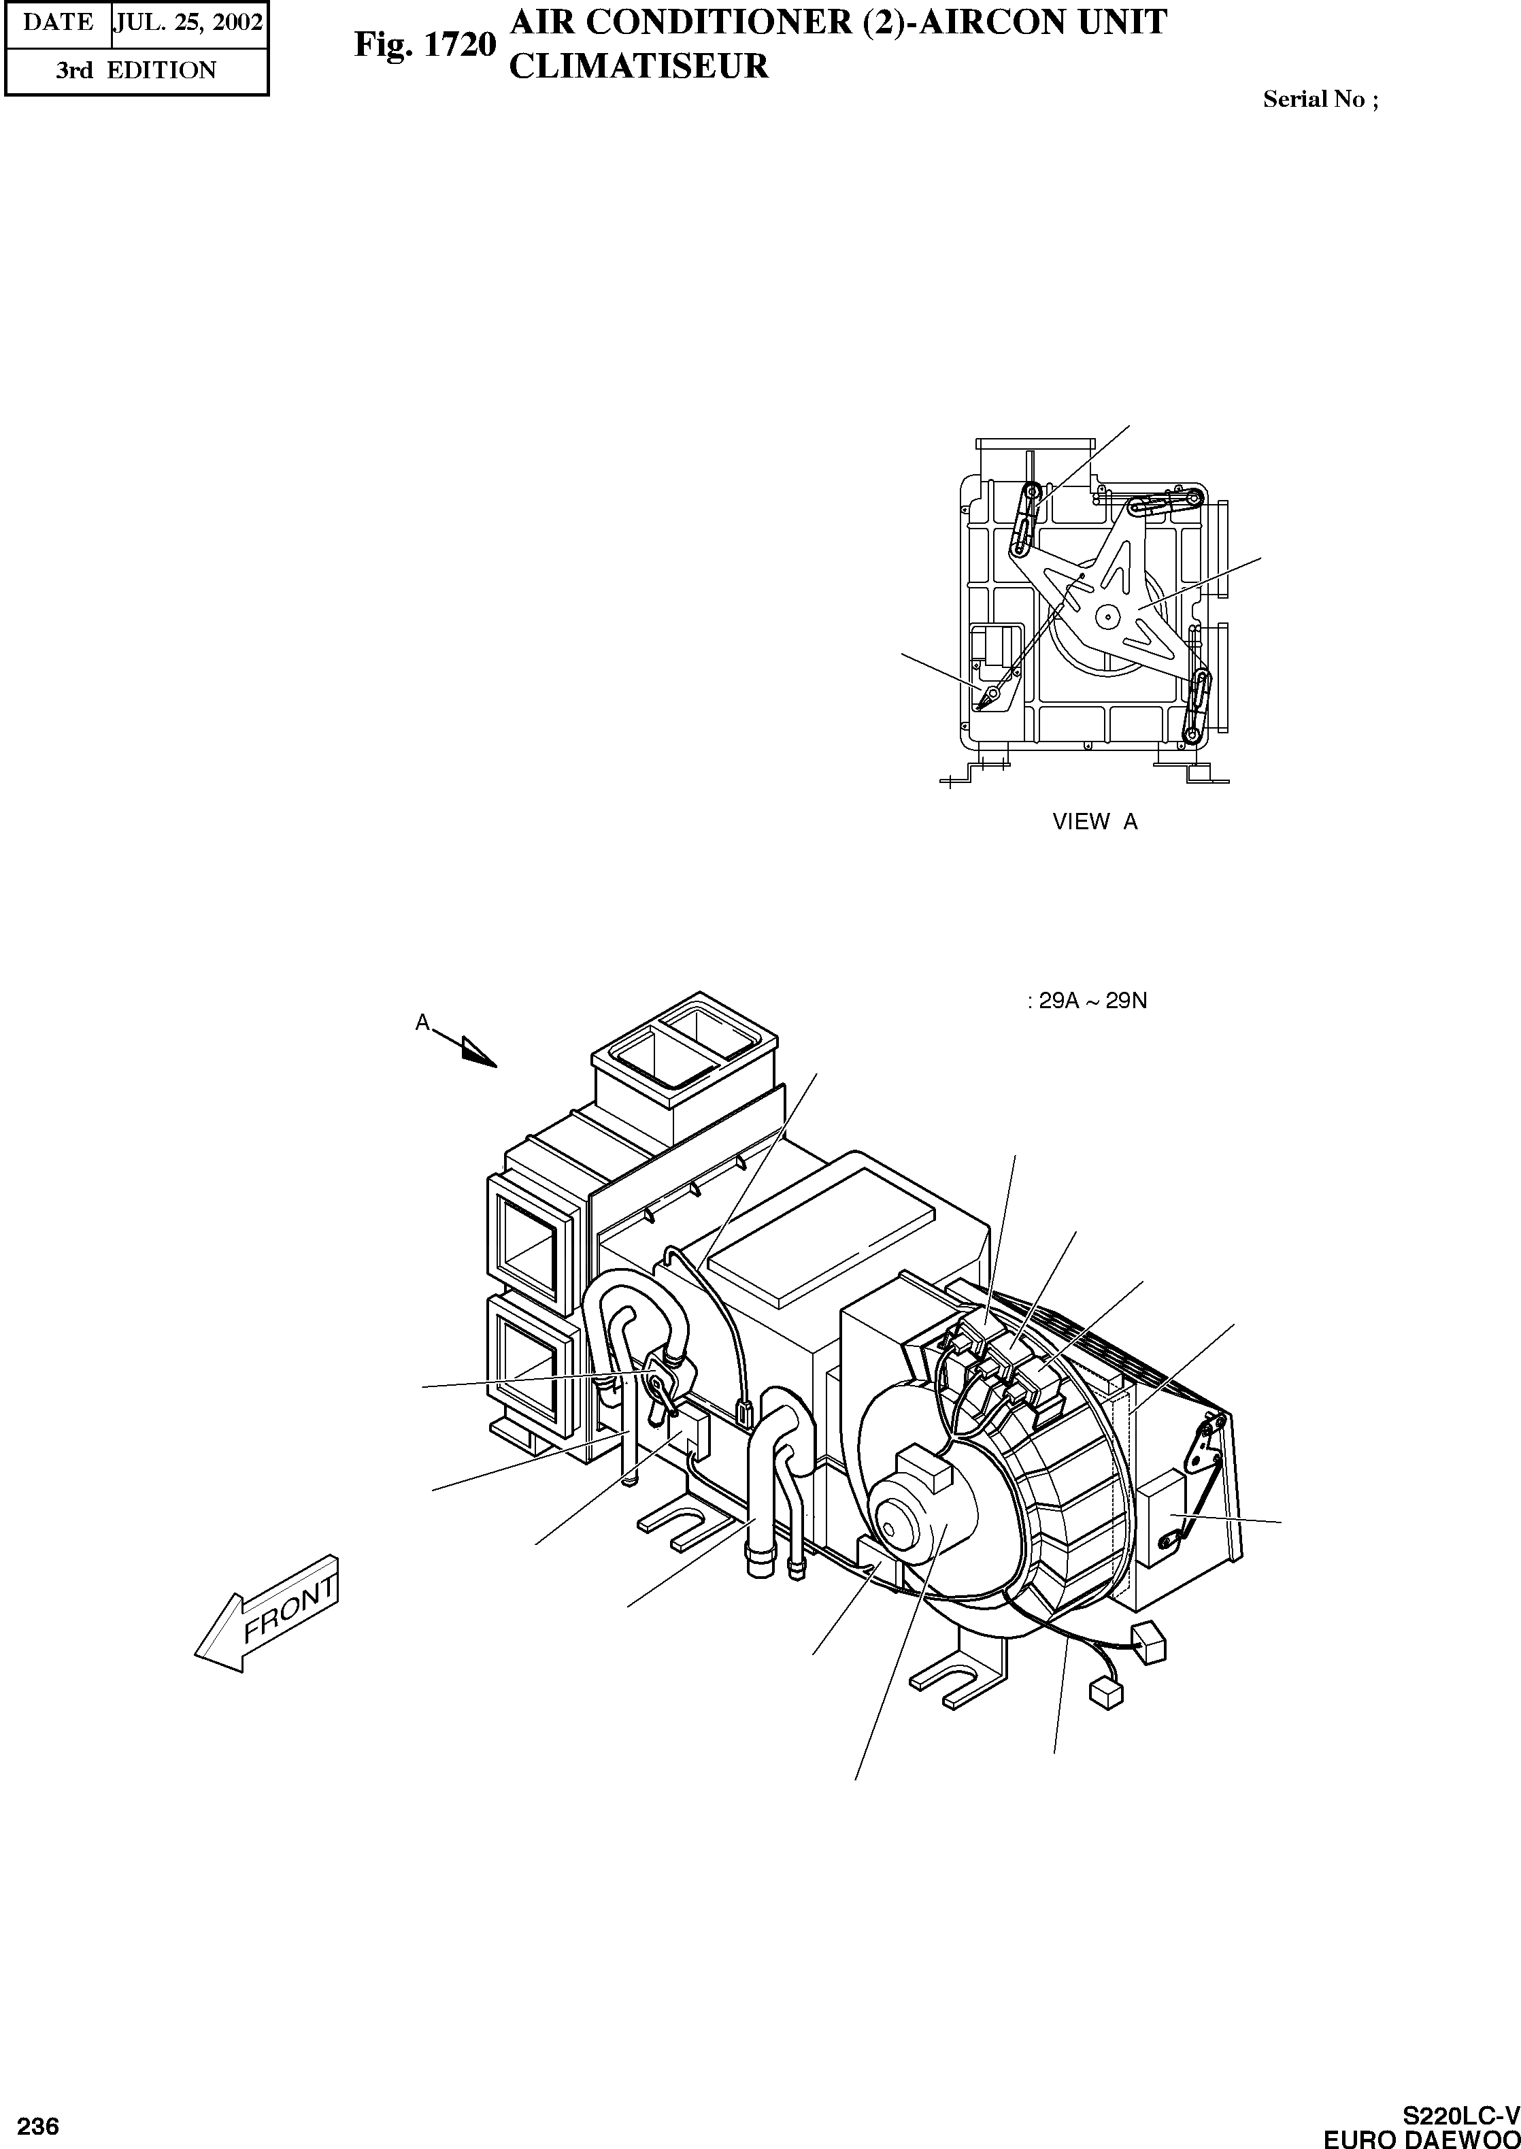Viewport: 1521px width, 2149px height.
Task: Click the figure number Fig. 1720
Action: pos(424,44)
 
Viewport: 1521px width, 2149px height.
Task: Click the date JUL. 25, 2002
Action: pos(188,22)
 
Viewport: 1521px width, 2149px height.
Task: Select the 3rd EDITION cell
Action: pos(136,70)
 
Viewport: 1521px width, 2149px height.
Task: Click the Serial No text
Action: pos(1320,99)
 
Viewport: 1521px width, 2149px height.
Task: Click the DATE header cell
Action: pos(58,22)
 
